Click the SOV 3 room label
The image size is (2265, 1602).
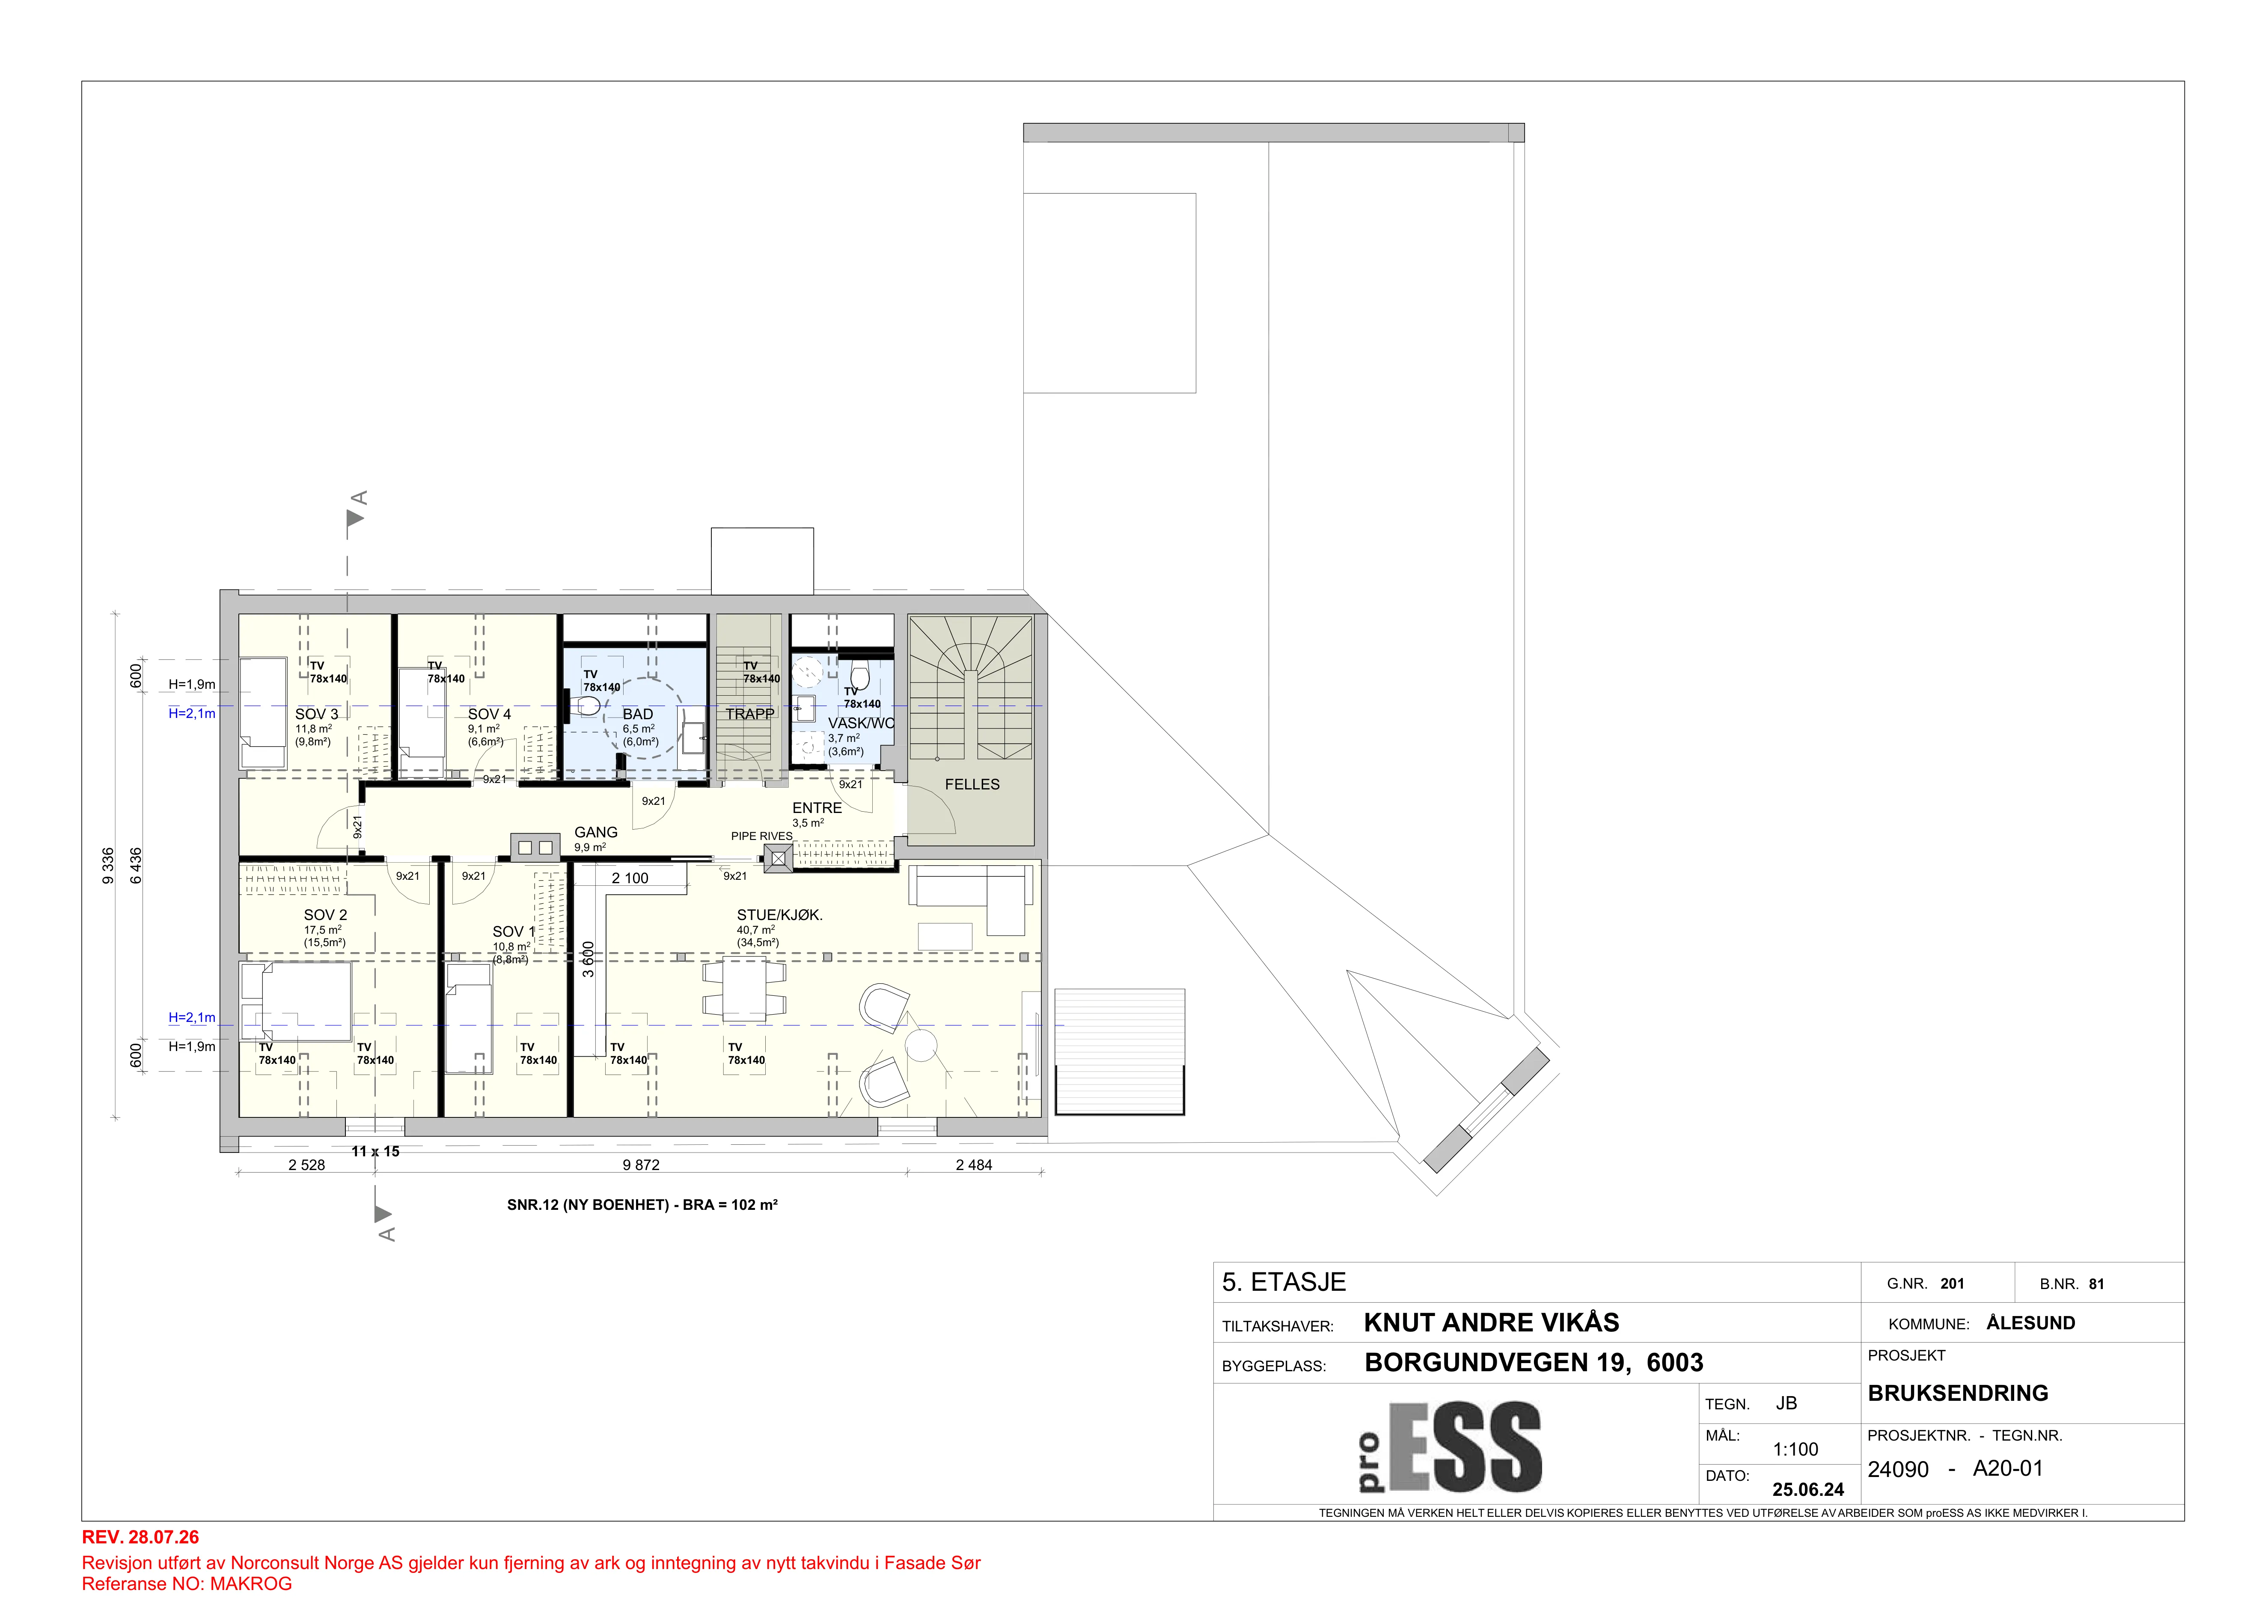(x=317, y=714)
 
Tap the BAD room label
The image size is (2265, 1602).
(x=637, y=714)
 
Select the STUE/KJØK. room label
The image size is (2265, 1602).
(x=779, y=915)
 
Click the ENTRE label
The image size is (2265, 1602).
(x=817, y=808)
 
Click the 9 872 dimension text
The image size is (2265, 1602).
(x=641, y=1165)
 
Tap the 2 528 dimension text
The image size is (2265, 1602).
(x=307, y=1165)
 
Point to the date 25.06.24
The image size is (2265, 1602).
(x=1808, y=1489)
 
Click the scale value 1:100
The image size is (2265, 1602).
(x=1795, y=1449)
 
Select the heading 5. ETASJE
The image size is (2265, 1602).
(x=1284, y=1282)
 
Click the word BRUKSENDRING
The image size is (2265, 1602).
(x=1958, y=1393)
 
